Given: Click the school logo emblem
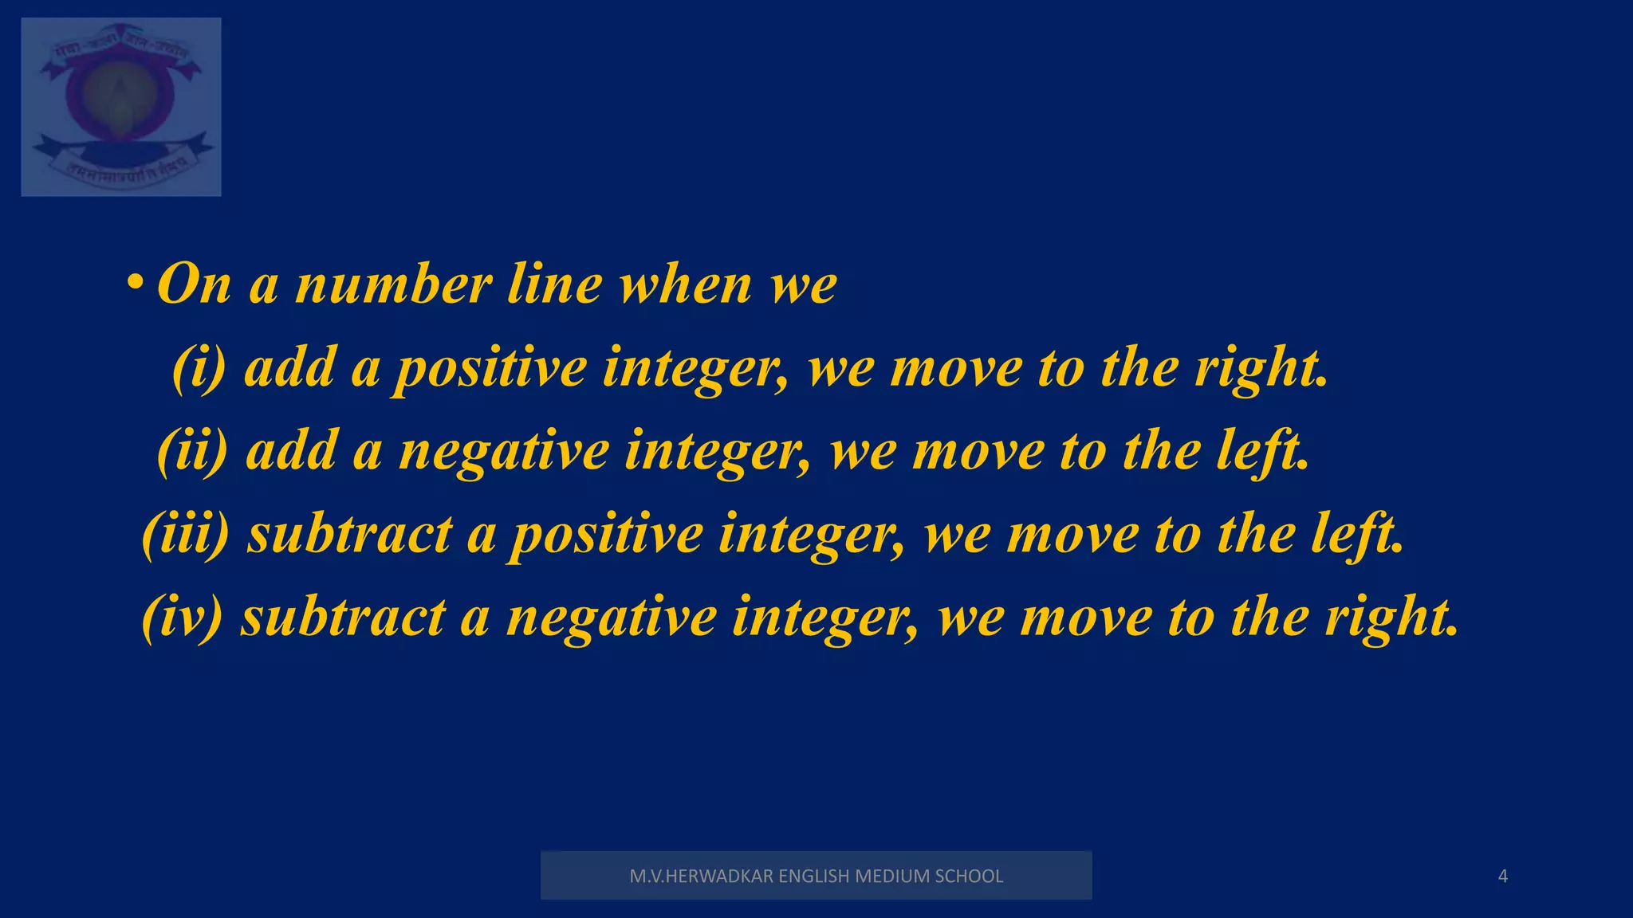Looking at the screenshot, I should [x=121, y=106].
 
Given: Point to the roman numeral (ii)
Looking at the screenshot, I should [x=192, y=451].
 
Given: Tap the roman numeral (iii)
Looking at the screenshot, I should [x=185, y=534].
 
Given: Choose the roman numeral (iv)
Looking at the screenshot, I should [x=182, y=617].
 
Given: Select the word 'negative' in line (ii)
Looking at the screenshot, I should [x=504, y=453].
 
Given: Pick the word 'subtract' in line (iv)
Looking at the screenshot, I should [x=343, y=617].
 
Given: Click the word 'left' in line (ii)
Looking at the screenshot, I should [x=1261, y=451].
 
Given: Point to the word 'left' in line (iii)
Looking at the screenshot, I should [x=1355, y=534].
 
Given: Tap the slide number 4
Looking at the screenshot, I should [x=1503, y=877].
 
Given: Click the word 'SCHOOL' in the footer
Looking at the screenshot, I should [x=969, y=877].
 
